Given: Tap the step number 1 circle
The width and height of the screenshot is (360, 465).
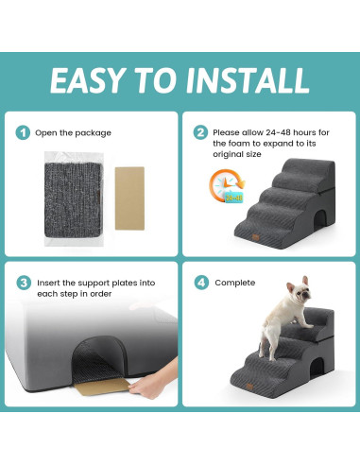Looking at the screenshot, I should pyautogui.click(x=23, y=132).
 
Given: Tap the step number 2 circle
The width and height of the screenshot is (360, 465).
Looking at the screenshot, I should pyautogui.click(x=200, y=132).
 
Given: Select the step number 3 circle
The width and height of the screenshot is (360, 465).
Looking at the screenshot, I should pyautogui.click(x=23, y=283).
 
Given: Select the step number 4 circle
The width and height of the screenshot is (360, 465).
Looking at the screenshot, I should pyautogui.click(x=200, y=283).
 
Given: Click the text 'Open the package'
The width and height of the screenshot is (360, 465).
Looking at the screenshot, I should pyautogui.click(x=73, y=132).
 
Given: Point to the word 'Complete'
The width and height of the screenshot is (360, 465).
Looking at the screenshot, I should pyautogui.click(x=234, y=283).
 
